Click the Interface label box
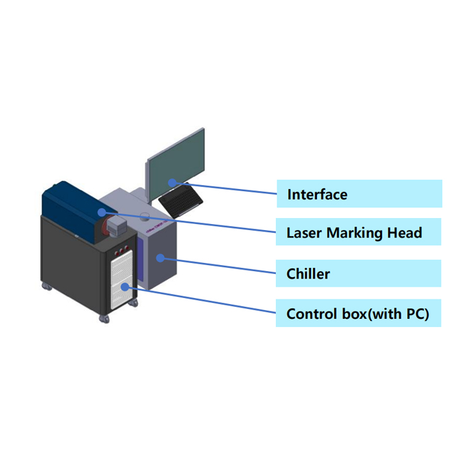point(359,194)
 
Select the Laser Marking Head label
point(359,233)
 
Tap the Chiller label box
point(359,274)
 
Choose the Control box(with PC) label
point(359,314)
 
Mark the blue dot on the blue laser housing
point(101,211)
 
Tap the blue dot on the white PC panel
point(125,285)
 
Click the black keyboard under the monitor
point(180,201)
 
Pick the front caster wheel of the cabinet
point(104,316)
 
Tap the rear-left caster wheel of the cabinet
point(46,287)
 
